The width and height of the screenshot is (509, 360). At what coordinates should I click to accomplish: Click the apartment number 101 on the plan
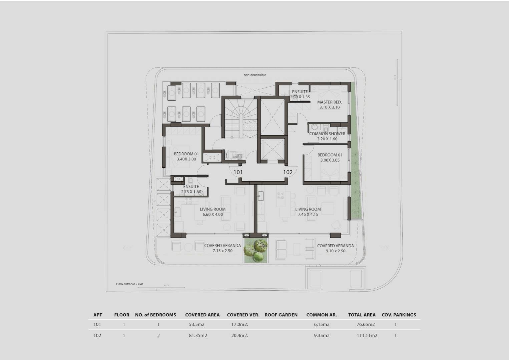[x=238, y=172]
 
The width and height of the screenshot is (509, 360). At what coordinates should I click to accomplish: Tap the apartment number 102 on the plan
[x=288, y=172]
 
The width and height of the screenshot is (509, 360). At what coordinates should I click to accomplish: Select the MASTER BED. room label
[x=329, y=102]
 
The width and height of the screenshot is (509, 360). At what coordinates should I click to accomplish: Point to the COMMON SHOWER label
[x=327, y=134]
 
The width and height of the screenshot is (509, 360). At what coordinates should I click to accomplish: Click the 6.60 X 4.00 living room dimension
[x=213, y=214]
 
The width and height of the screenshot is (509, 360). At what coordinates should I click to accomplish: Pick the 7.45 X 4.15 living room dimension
[x=308, y=214]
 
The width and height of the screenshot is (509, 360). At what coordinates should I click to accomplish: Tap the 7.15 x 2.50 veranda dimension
[x=222, y=251]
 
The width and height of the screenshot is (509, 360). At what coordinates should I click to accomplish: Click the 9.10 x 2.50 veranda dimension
[x=336, y=251]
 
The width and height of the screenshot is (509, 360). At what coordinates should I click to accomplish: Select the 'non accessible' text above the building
[x=255, y=75]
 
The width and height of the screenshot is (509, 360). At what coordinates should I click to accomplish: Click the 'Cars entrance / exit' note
[x=129, y=284]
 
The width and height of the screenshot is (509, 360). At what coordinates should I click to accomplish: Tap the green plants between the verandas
[x=256, y=250]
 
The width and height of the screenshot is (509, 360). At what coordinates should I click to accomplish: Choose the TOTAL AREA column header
[x=362, y=315]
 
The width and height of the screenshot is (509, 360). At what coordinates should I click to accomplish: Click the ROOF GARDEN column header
[x=281, y=315]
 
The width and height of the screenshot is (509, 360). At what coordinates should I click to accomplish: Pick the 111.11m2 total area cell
[x=367, y=335]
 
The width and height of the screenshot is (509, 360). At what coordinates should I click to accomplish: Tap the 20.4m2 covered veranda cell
[x=240, y=335]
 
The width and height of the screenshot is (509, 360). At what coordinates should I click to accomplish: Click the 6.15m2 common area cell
[x=322, y=324]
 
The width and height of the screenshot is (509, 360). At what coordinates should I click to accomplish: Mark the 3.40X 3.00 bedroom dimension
[x=186, y=159]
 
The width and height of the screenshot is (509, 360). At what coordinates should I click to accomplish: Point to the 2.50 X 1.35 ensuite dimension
[x=300, y=97]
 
